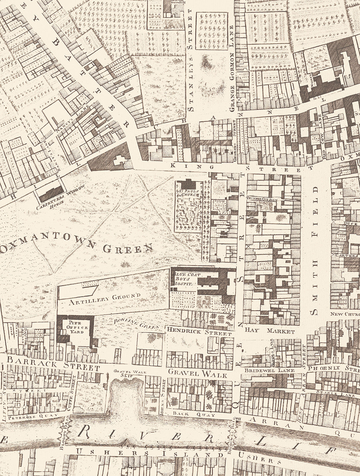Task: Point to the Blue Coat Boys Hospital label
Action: coord(182,278)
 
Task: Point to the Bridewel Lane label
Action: coord(269,370)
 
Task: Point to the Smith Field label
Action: coord(315,250)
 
